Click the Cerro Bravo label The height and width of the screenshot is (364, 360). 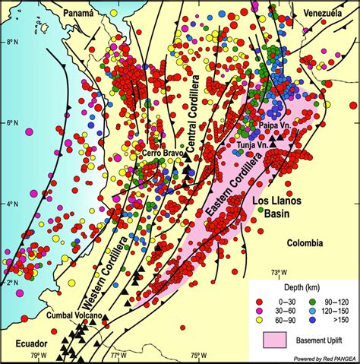pos(161,154)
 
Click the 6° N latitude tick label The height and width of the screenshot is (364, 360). pos(13,123)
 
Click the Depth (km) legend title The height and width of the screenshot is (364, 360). pos(302,287)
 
